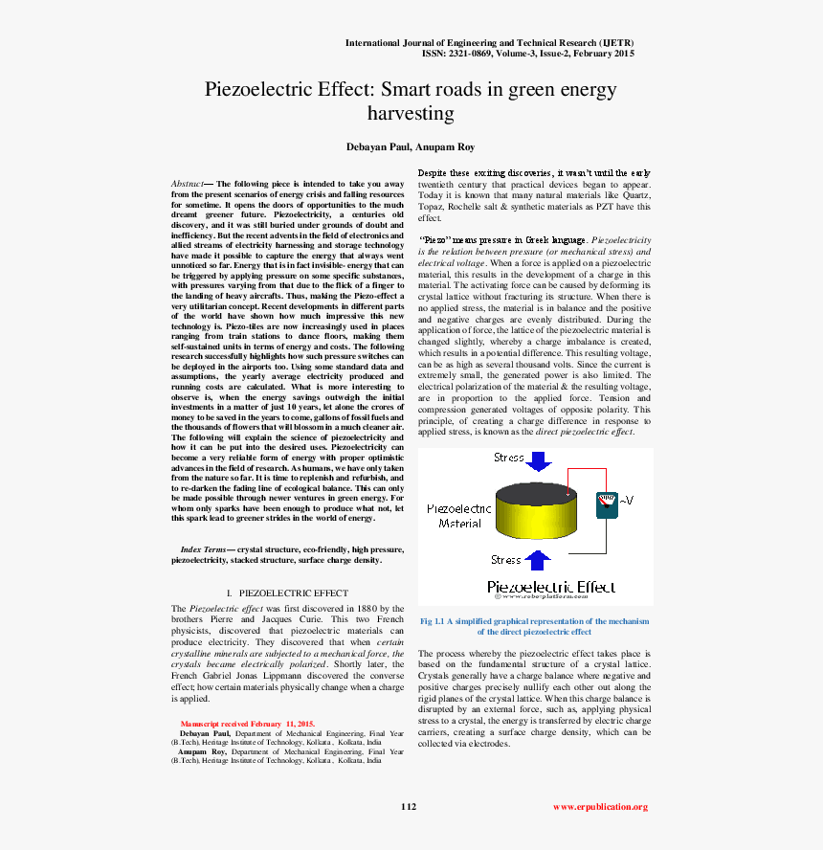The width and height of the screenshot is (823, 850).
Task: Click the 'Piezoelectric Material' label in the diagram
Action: coord(459,516)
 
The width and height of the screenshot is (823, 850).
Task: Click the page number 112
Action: coord(409,807)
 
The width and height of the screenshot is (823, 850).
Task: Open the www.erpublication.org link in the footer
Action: coord(600,807)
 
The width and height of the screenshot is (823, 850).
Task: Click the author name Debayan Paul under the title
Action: coord(379,146)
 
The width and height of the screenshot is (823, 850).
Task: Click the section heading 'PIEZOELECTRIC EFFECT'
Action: coord(293,593)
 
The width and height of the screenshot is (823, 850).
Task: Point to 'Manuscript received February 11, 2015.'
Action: coord(248,724)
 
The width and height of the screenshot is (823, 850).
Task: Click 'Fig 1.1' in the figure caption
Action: coord(432,621)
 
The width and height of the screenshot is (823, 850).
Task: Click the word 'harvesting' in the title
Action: coord(411,113)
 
